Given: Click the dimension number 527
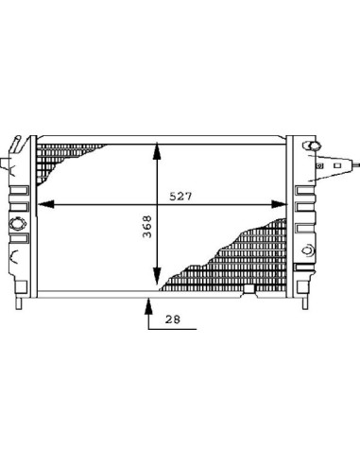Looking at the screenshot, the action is coord(180,197).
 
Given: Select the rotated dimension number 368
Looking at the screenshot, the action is coord(147,227).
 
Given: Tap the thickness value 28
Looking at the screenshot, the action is coord(173,319).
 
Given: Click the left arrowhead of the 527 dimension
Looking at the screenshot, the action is coord(46,204).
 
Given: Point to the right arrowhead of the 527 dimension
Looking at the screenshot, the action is coord(279,204).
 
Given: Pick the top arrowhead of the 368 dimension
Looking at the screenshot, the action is coord(157,151).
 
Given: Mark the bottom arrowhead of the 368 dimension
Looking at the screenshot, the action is coord(157,276).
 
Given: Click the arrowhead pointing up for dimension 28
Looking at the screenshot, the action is coord(148,306).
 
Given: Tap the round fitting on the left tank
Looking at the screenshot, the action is coord(17,224).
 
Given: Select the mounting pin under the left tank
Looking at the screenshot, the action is coord(19,303).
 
